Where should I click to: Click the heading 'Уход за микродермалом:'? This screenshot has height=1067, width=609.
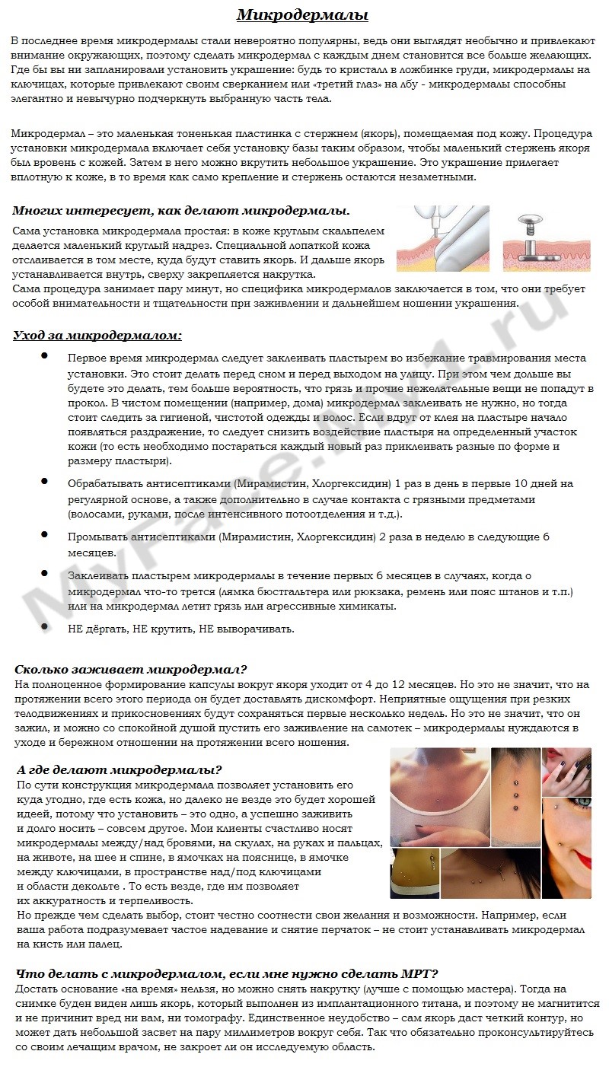pyautogui.click(x=97, y=335)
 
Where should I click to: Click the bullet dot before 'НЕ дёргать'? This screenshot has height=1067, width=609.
pyautogui.click(x=45, y=627)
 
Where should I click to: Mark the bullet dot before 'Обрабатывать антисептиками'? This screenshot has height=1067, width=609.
pyautogui.click(x=45, y=482)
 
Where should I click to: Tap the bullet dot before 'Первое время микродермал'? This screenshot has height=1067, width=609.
pyautogui.click(x=45, y=355)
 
